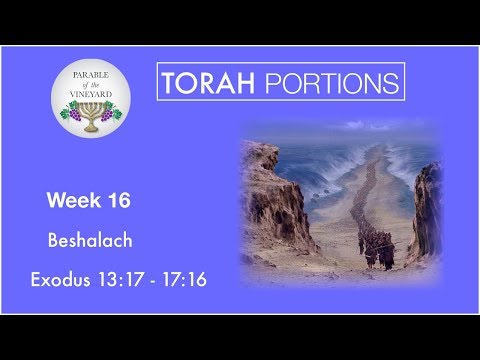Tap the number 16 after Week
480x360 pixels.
tap(115, 201)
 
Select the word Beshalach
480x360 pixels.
tap(89, 240)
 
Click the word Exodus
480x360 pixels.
tap(79, 279)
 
